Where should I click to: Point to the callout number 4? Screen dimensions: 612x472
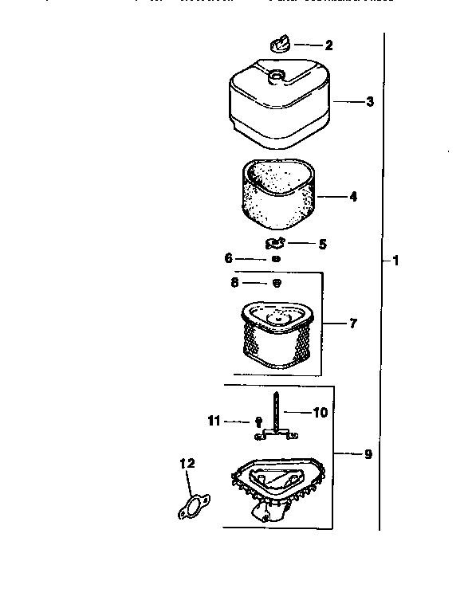point(352,195)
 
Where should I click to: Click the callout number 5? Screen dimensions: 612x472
point(322,244)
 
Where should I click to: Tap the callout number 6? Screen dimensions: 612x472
point(229,258)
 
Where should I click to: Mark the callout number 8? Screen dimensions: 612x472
point(235,282)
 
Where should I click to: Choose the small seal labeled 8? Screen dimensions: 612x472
point(277,283)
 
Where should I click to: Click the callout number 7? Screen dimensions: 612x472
point(352,324)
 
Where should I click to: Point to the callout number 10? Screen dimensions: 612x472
point(319,413)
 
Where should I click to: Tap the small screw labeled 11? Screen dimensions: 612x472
point(258,422)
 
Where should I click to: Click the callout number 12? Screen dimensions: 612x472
point(187,463)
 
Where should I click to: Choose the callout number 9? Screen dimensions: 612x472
point(368,454)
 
